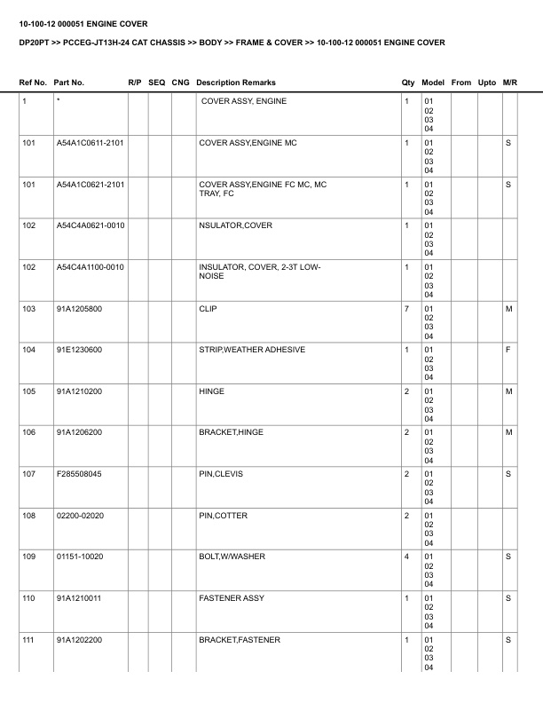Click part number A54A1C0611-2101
coord(90,143)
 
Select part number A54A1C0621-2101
coord(90,185)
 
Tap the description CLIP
coord(208,309)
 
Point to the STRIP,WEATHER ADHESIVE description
coord(252,350)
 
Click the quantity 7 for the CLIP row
coord(406,309)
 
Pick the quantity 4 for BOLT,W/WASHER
coord(406,557)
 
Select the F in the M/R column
coord(508,350)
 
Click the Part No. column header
coord(69,83)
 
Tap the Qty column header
coord(408,83)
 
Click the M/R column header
coord(509,83)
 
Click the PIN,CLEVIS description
coord(220,474)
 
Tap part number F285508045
coord(79,474)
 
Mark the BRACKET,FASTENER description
coord(240,639)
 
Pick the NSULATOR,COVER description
coord(235,225)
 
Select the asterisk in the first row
coord(58,101)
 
